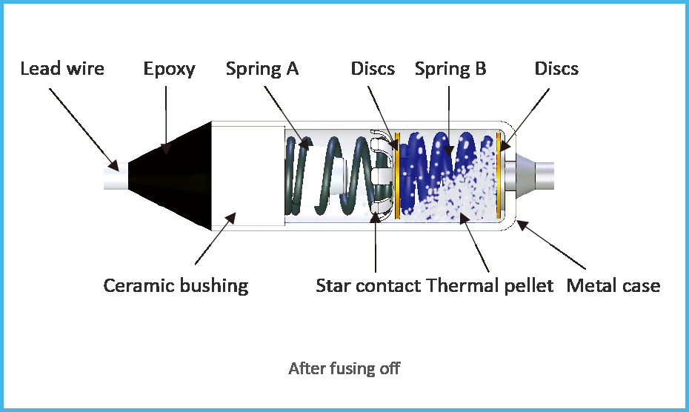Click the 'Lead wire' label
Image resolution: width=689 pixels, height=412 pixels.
pos(62,69)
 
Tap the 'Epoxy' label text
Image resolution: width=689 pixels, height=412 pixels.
pos(169,70)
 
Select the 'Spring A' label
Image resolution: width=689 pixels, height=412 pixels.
pos(262,70)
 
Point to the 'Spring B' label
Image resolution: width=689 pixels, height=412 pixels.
pos(450,70)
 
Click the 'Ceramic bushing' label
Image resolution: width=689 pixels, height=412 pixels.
pos(176,286)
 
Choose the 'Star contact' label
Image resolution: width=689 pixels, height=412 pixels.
pos(368,286)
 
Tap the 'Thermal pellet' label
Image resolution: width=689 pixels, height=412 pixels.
pos(490,286)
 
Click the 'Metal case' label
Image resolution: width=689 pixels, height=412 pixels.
pos(613,286)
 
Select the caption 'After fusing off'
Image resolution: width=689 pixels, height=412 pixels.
pos(344,368)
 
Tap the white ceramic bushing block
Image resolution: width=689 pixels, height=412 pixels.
pos(248,176)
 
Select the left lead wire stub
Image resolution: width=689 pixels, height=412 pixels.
pos(116,176)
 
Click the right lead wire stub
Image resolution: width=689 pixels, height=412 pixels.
pos(544,176)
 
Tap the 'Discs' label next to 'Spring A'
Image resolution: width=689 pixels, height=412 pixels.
pos(373,69)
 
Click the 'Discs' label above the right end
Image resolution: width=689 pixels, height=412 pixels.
pos(556,69)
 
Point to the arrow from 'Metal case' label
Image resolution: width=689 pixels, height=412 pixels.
pos(550,245)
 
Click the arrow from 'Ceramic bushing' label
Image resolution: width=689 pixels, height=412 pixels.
pos(216,239)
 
